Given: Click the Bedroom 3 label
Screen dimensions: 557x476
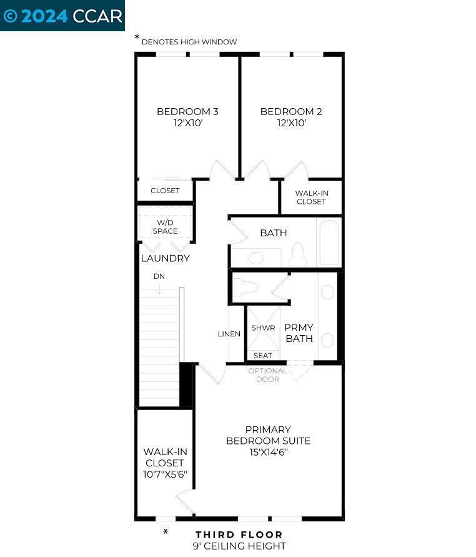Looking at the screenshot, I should coord(187,112).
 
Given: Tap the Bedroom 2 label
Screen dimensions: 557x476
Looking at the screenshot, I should coord(291,112).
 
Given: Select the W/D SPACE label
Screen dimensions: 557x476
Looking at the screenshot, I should coord(165,227).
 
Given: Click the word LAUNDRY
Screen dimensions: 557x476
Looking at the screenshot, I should coord(165,258).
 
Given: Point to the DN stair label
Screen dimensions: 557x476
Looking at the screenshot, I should coord(159,276).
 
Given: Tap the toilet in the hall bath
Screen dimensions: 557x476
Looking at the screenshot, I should coord(299,255).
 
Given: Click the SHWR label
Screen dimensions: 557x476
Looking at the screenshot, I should coord(263,328).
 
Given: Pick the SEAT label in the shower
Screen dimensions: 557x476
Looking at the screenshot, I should coord(263,356).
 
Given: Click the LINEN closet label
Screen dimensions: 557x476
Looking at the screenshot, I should coord(229,334).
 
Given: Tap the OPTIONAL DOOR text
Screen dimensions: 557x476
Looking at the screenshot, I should coord(267,375).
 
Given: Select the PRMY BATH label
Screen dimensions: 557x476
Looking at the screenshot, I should coord(299,333).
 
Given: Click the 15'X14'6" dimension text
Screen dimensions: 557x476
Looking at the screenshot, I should coord(268,452).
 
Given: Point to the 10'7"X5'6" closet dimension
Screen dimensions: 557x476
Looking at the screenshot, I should coord(165,474).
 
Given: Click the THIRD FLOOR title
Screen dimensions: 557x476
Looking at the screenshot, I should coord(239,534).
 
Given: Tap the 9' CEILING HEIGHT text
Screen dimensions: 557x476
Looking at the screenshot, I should coord(239,546).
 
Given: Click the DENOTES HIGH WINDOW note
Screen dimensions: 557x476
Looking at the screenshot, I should coord(189,42).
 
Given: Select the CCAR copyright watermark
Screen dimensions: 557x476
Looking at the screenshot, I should coord(62,16).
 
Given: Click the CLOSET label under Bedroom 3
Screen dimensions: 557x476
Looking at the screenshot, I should coord(165,191).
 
